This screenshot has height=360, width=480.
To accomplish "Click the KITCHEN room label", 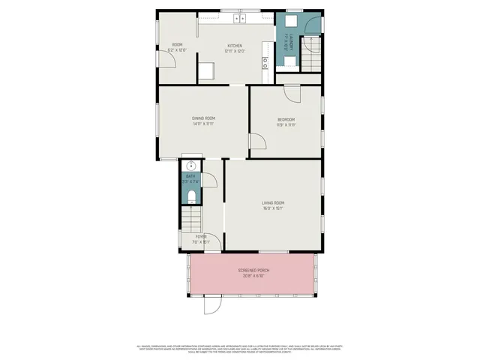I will (235, 46).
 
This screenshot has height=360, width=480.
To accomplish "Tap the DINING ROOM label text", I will (203, 118).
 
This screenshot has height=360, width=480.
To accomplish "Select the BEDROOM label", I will (286, 119).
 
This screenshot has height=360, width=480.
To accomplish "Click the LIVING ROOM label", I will (273, 202).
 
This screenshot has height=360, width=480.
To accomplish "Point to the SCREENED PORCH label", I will (253, 270).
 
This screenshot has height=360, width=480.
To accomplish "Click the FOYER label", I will (202, 237).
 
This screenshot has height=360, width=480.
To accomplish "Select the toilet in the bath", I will (190, 197).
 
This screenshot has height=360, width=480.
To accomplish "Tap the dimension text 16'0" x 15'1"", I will (273, 208).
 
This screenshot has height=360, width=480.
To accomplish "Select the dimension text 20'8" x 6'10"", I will (253, 276).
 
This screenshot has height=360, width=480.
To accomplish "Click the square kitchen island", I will (206, 71).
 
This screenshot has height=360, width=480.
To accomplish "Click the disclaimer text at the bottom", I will (240, 348).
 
